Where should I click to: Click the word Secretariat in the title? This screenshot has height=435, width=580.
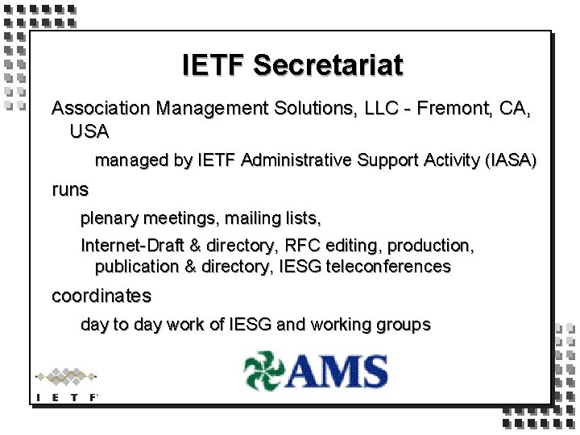(328, 64)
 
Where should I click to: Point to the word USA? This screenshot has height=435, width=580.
(89, 130)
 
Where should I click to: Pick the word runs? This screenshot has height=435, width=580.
(70, 190)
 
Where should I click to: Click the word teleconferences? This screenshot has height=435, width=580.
(388, 266)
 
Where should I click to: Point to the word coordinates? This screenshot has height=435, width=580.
(101, 296)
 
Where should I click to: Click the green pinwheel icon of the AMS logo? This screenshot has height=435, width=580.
(264, 371)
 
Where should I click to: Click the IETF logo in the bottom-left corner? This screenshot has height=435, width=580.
(66, 383)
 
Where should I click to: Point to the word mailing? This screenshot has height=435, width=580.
(243, 217)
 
